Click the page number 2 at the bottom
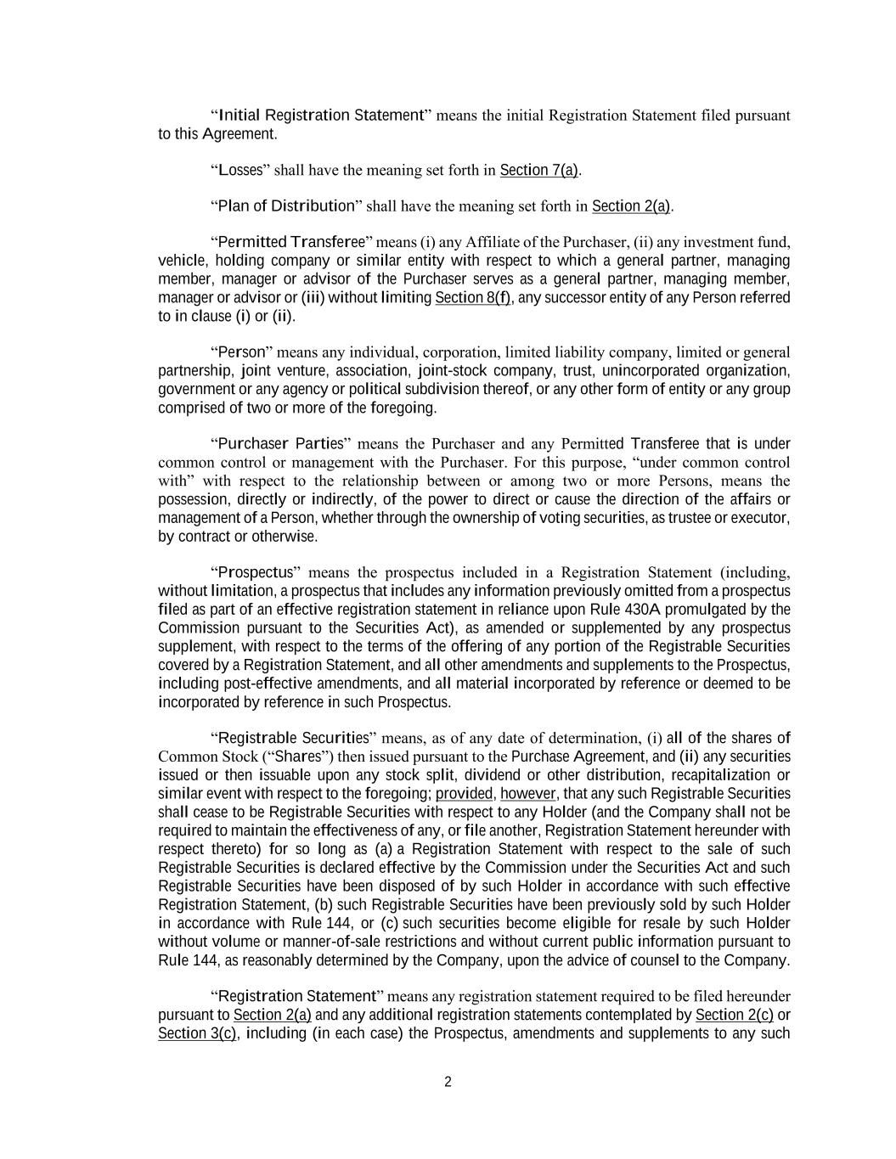tap(448, 1082)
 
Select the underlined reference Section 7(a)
tap(539, 171)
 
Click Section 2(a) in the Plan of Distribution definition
tap(631, 206)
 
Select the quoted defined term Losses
tap(240, 171)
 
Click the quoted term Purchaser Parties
tap(280, 444)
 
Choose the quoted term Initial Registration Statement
tap(321, 115)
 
